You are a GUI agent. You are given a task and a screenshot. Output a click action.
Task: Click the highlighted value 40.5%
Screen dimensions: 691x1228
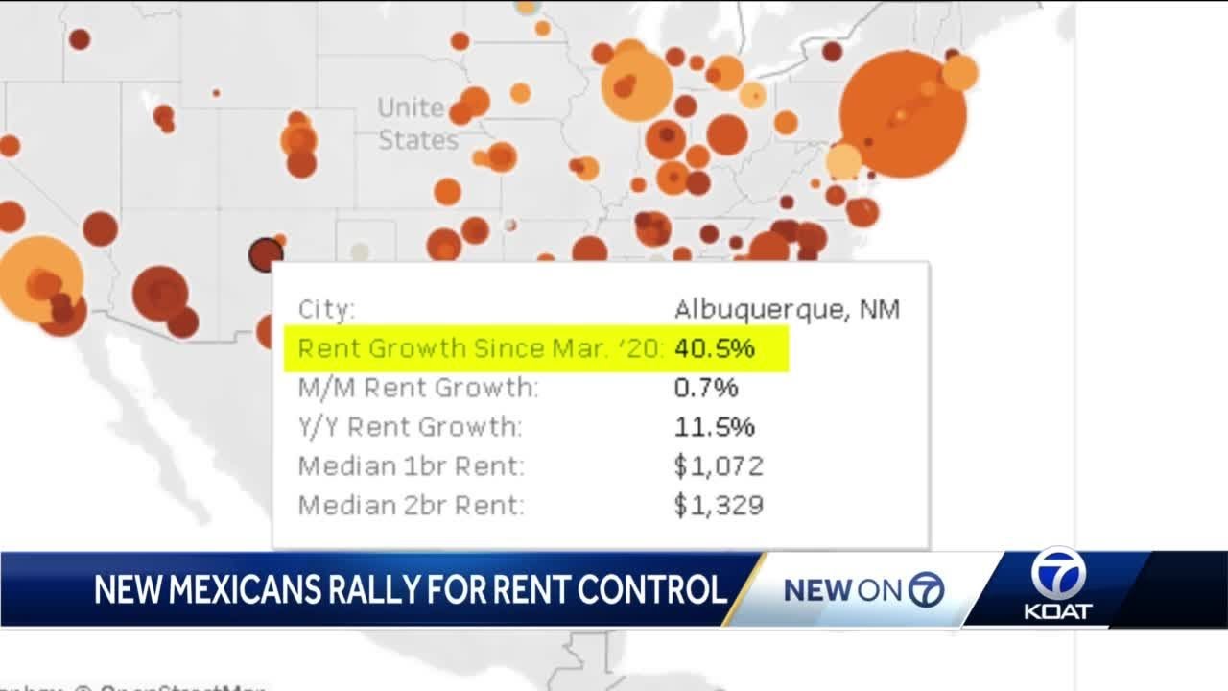point(714,348)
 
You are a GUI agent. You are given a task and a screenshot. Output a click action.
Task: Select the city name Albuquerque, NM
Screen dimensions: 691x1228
point(787,310)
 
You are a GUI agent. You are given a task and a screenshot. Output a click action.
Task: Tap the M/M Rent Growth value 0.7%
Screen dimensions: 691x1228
point(705,388)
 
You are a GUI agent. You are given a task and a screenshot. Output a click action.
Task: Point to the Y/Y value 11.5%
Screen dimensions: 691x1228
point(714,426)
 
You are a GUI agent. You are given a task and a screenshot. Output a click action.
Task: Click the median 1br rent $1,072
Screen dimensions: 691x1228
point(719,466)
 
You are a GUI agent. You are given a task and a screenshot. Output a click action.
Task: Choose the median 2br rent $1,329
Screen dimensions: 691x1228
point(719,505)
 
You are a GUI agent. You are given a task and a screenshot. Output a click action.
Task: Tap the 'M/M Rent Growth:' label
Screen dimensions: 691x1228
point(418,388)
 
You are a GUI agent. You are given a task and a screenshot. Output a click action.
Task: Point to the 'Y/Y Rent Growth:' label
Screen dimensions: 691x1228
point(411,426)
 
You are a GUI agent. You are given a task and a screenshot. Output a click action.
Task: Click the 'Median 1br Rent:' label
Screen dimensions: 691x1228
point(412,466)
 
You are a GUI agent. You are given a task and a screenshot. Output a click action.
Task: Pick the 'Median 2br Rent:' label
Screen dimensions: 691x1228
point(412,505)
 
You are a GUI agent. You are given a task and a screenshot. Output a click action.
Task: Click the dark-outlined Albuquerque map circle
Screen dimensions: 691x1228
point(265,254)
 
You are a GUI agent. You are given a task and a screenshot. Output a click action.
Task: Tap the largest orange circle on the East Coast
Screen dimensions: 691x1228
point(902,114)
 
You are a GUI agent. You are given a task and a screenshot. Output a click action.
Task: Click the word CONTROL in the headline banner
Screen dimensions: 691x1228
point(649,589)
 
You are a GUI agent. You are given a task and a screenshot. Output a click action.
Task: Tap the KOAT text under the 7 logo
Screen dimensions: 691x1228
point(1057,611)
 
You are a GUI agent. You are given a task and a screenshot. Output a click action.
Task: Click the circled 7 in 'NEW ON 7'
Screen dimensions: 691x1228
point(926,590)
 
